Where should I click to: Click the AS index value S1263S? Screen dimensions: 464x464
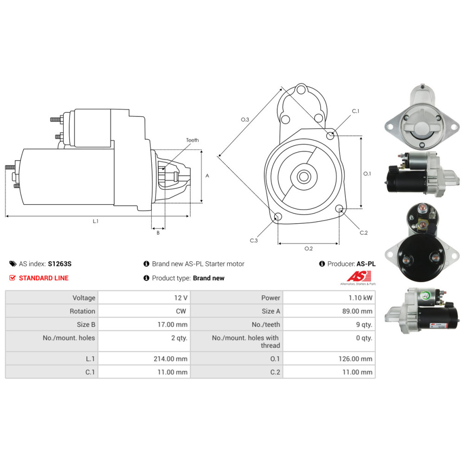click(59, 264)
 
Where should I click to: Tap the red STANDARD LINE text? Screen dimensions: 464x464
click(44, 278)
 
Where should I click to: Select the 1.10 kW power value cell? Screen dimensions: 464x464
click(329, 298)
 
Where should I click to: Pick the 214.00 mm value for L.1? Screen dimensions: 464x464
click(144, 359)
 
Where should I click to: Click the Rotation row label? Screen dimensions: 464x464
click(82, 311)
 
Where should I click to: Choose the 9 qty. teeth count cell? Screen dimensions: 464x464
click(329, 324)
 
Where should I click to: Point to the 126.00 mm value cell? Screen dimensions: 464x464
click(329, 359)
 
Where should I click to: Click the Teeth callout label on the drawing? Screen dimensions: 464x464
click(193, 140)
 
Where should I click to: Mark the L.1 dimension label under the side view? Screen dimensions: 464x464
click(96, 221)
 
